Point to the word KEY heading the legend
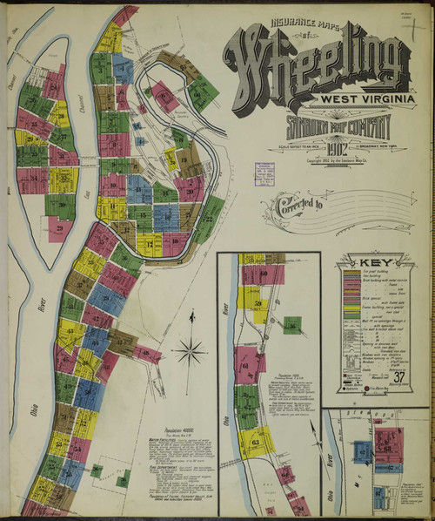coord(375,261)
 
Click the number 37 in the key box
coord(398,376)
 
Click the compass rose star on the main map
coord(189,352)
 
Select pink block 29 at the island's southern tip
coord(60,229)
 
